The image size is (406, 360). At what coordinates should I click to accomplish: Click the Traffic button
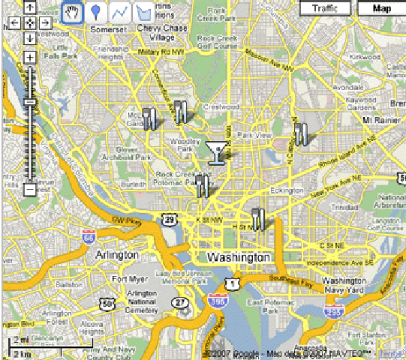(x=324, y=8)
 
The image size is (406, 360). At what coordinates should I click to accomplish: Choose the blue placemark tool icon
(x=95, y=13)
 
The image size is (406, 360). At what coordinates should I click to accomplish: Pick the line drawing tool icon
(x=119, y=13)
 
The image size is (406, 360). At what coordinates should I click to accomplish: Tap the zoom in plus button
(x=30, y=57)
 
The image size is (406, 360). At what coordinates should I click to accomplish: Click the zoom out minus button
(x=30, y=190)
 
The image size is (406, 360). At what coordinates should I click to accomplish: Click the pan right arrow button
(x=44, y=22)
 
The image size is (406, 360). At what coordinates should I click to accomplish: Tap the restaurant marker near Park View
(x=301, y=133)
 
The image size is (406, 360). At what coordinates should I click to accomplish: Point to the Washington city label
(x=238, y=257)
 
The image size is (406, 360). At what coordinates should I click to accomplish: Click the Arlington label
(x=117, y=255)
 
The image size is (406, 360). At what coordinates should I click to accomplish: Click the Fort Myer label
(x=125, y=280)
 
